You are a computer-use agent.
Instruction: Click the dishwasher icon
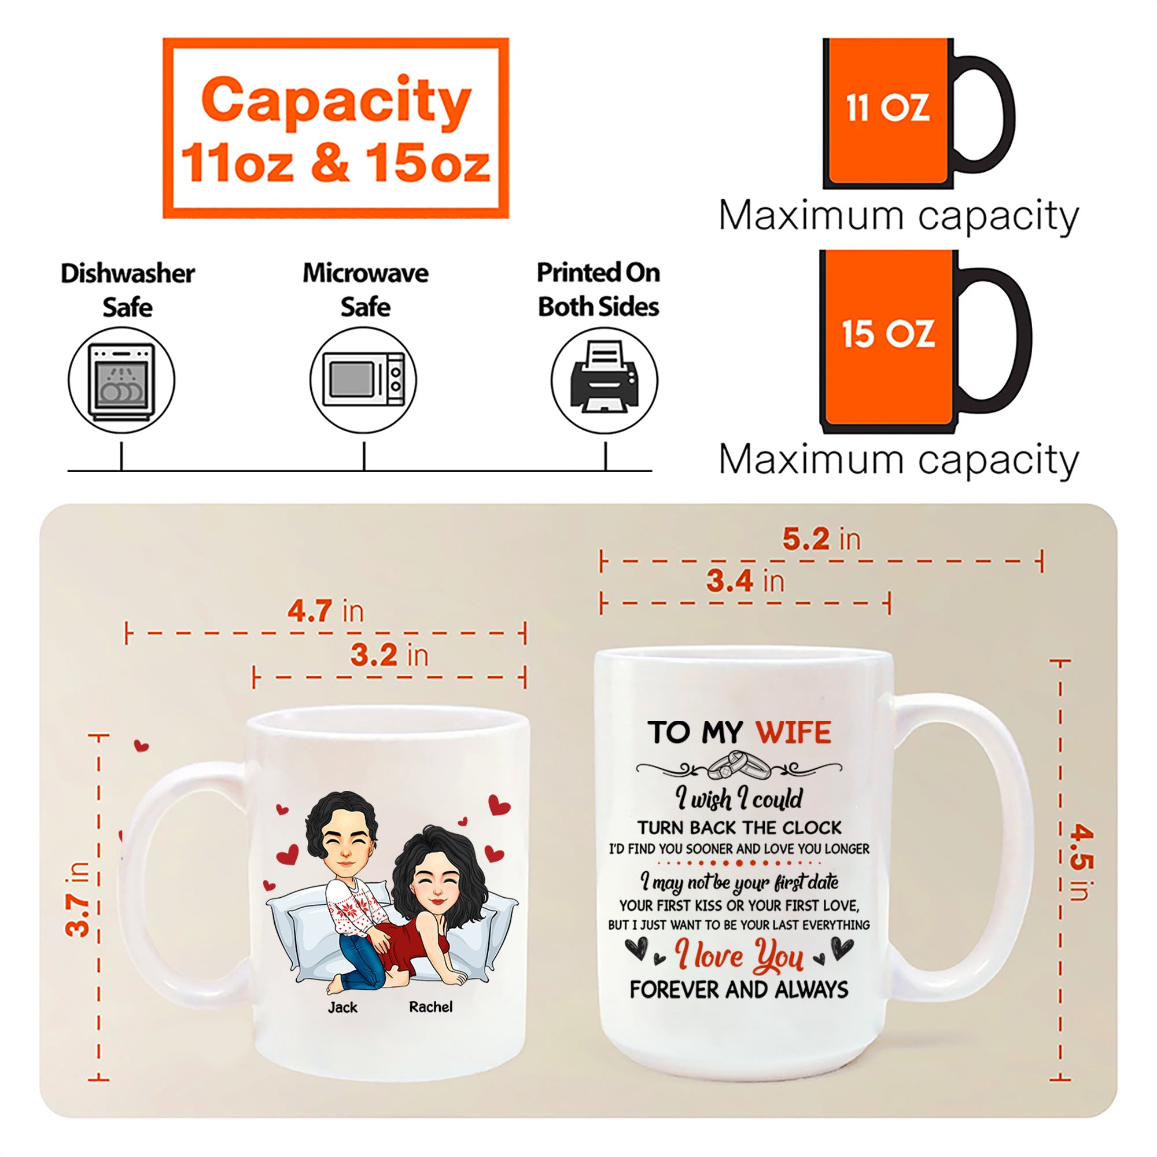point(121,381)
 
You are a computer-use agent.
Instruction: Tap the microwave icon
point(363,380)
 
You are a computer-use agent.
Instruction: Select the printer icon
point(605,377)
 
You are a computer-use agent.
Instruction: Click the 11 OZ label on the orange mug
point(887,108)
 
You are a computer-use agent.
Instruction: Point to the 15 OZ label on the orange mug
point(887,334)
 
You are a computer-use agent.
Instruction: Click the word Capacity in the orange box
point(337,101)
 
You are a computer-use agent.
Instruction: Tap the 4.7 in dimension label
point(325,611)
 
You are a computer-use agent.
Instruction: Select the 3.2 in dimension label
point(390,654)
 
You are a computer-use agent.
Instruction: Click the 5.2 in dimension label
point(821,539)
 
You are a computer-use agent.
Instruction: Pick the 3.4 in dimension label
point(745,581)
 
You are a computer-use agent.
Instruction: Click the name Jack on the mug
point(342,1007)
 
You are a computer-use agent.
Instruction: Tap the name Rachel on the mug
point(430,1007)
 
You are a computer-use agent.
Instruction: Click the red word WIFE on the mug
point(794,732)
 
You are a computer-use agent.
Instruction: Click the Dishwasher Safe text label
point(127,290)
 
